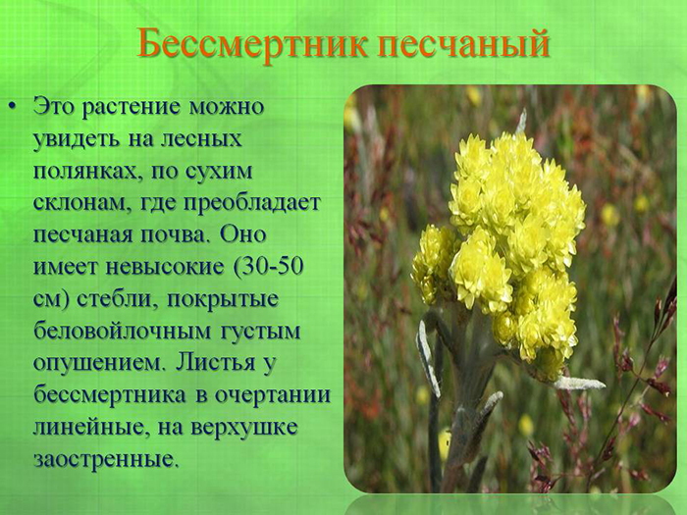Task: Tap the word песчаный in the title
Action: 463,44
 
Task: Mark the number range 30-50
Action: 277,268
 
